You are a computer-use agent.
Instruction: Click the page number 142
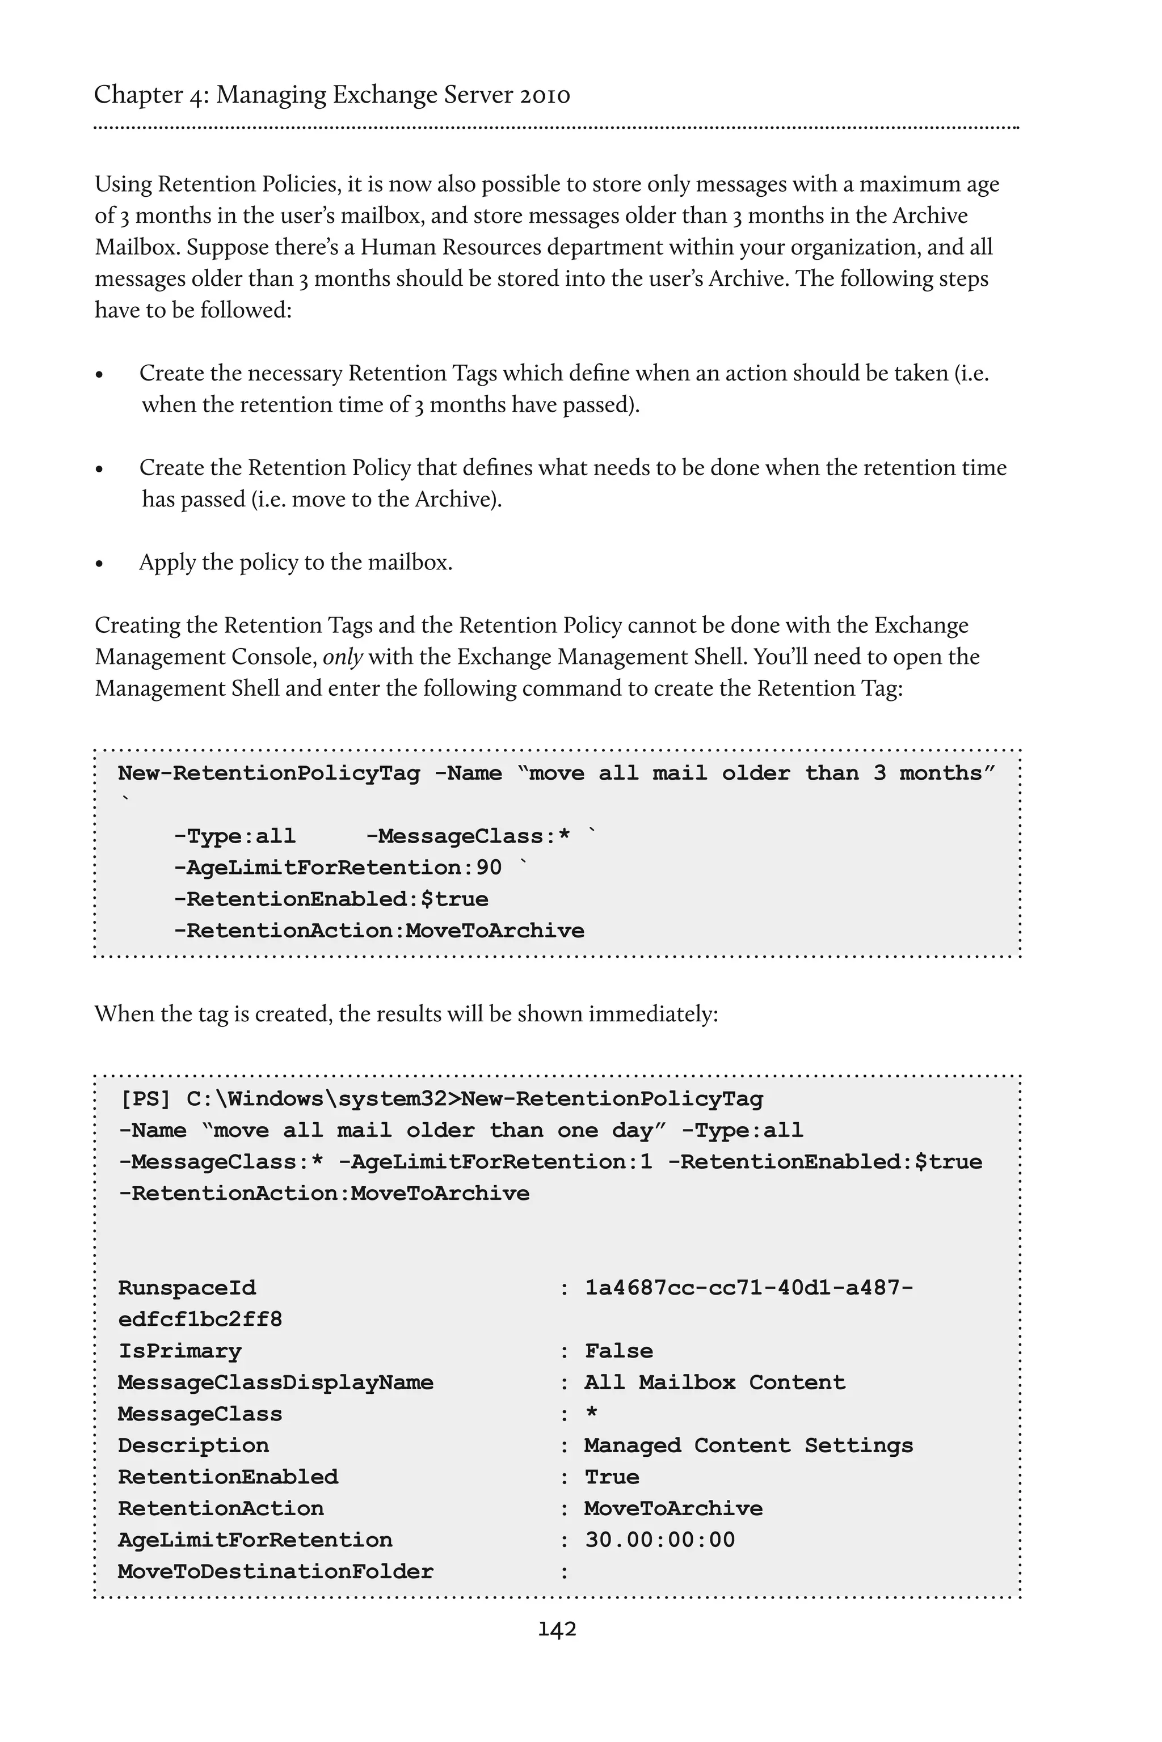tap(557, 1629)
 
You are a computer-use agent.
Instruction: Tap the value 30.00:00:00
tap(659, 1540)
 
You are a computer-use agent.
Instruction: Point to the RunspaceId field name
tap(187, 1288)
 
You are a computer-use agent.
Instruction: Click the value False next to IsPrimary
tap(619, 1351)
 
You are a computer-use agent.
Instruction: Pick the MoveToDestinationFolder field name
tap(275, 1571)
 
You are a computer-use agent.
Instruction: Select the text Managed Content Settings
tap(748, 1445)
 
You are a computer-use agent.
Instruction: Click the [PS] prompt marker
tap(145, 1098)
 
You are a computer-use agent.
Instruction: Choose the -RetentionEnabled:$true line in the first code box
tap(331, 899)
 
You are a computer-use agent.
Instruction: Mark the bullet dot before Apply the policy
tap(99, 564)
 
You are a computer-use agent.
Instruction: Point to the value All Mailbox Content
tap(714, 1382)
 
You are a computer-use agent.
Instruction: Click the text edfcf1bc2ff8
tap(200, 1319)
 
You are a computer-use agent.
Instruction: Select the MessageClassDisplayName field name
tap(275, 1382)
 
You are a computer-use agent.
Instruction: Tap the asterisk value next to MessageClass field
tap(591, 1413)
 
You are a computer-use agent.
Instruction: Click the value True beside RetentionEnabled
tap(612, 1476)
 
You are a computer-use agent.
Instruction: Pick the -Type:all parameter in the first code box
tap(235, 836)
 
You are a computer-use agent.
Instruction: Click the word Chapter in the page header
tap(138, 95)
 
